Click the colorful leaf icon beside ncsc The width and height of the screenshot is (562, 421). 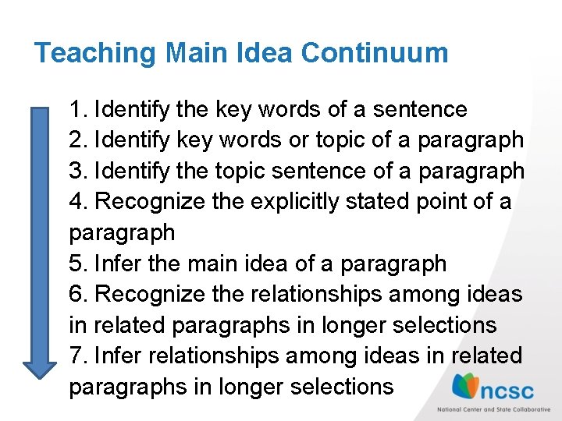click(466, 386)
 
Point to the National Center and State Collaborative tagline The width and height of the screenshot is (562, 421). click(493, 408)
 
